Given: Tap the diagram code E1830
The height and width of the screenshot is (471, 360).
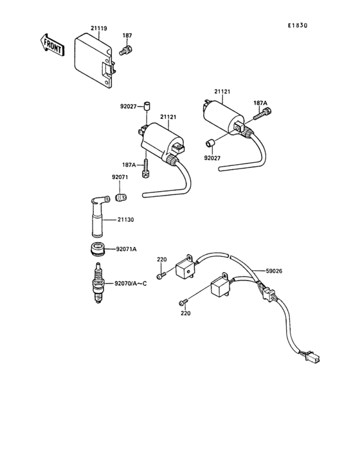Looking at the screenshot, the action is [x=298, y=26].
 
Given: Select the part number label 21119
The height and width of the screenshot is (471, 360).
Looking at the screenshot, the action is [x=99, y=28].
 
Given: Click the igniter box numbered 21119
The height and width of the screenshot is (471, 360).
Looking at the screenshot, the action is [x=94, y=62].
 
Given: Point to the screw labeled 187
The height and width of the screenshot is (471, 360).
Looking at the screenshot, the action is [x=126, y=50].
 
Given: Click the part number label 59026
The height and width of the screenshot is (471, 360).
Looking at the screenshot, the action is [x=274, y=271].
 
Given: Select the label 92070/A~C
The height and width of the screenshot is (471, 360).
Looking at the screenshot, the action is [x=130, y=284].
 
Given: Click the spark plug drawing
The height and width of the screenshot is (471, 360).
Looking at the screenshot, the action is [x=98, y=282].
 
